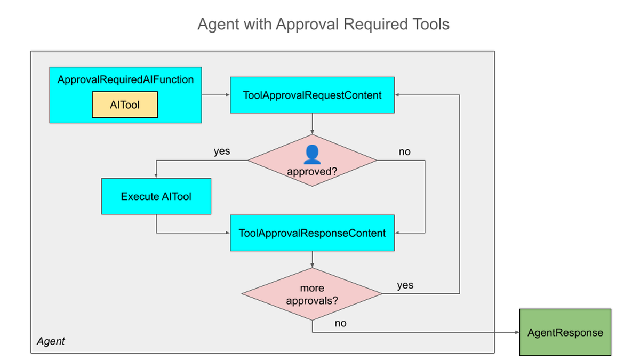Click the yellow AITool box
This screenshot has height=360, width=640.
125,105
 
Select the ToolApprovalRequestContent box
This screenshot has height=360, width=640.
313,95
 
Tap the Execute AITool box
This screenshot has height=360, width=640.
156,196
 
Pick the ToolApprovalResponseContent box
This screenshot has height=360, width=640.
313,233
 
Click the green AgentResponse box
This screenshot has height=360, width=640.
565,332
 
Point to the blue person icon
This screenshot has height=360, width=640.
312,155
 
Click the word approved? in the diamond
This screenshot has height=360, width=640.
312,171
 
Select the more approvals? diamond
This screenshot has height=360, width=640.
312,294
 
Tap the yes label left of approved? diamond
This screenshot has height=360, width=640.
222,151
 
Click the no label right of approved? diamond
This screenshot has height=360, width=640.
405,151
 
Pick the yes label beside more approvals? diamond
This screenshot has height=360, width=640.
405,285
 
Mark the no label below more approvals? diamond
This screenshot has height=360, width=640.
341,323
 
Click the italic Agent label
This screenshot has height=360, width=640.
51,341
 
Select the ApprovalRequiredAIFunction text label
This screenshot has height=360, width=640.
125,79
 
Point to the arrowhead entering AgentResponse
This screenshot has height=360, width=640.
517,332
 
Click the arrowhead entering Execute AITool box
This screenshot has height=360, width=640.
156,175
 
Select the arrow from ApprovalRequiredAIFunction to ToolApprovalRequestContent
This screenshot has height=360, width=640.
215,95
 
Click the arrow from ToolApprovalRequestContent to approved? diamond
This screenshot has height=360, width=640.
313,124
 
